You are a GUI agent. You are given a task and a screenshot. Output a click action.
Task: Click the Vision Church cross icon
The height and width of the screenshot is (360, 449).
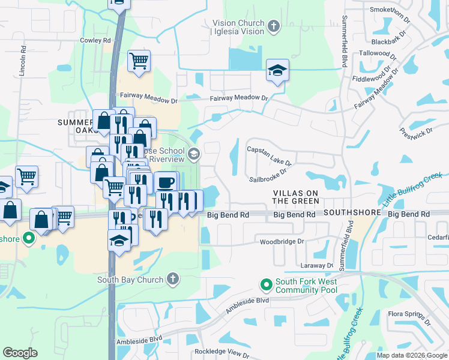coord(274,26)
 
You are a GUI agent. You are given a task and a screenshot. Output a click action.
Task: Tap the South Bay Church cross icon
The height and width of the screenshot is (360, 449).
coord(172,279)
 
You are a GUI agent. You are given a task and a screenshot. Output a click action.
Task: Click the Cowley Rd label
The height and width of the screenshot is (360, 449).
coord(96,41)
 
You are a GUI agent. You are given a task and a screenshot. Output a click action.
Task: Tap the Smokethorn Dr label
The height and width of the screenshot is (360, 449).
coord(390,10)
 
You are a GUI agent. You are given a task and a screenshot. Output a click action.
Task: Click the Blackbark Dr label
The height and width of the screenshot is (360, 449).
coord(390,42)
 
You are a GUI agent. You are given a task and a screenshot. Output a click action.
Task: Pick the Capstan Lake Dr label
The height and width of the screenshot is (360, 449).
coord(270,155)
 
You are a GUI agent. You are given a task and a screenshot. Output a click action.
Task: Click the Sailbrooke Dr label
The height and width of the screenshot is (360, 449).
coord(268,174)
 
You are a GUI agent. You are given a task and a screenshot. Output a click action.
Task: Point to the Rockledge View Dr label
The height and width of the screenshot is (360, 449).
coord(221,354)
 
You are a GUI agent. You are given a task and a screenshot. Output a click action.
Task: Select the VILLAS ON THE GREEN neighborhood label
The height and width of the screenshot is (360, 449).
coord(296,197)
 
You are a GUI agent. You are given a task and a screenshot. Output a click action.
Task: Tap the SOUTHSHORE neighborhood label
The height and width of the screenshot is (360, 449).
coord(353,214)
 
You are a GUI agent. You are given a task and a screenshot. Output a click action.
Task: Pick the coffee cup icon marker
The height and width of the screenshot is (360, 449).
coord(166,182)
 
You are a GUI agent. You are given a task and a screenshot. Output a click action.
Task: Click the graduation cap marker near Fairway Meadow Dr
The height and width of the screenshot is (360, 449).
coord(277,71)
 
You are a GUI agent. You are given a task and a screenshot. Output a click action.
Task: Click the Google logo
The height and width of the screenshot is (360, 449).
coord(20,353)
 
